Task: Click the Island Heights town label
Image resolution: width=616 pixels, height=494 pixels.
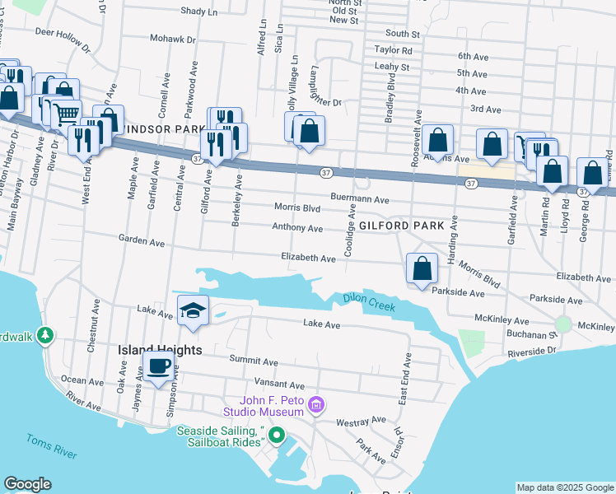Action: pyautogui.click(x=160, y=350)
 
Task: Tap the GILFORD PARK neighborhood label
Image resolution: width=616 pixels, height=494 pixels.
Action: pyautogui.click(x=401, y=225)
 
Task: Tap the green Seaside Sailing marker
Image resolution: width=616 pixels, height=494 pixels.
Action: pyautogui.click(x=278, y=435)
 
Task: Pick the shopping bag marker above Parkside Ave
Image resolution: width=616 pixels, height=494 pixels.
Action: pyautogui.click(x=422, y=268)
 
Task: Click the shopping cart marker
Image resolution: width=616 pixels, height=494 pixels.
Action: pyautogui.click(x=68, y=114)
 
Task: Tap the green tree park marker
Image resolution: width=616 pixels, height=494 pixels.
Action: pyautogui.click(x=45, y=336)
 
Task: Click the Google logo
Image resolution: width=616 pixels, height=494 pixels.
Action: pyautogui.click(x=27, y=484)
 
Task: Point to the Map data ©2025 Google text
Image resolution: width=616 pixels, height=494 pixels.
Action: pyautogui.click(x=565, y=487)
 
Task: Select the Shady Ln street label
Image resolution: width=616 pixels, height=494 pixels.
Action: pyautogui.click(x=198, y=12)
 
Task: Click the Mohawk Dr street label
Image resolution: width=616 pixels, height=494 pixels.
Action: pyautogui.click(x=173, y=39)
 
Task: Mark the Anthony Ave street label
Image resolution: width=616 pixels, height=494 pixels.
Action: pyautogui.click(x=298, y=228)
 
